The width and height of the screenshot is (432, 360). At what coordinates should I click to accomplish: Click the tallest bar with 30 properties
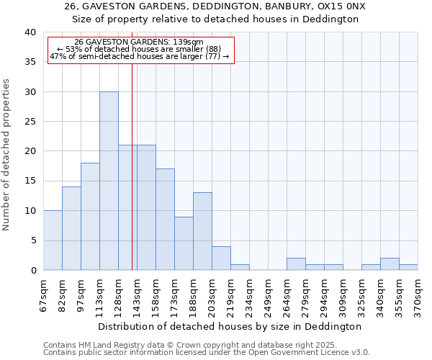109,181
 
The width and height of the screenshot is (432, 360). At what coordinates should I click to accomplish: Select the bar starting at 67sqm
53,240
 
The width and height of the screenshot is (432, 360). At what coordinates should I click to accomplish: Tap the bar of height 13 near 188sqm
202,231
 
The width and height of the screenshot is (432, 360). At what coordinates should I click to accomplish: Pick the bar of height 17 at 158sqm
165,220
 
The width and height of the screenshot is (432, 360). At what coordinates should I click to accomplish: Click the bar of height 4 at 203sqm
221,258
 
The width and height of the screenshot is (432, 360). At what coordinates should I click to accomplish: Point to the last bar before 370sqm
408,267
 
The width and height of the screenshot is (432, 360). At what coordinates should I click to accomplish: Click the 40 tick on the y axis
30,32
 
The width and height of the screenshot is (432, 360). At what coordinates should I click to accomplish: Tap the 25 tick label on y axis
30,122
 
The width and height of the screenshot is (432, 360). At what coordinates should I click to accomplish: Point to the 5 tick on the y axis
32,240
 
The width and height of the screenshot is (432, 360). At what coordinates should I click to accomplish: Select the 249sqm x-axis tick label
268,293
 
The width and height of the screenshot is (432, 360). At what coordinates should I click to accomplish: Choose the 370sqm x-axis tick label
418,293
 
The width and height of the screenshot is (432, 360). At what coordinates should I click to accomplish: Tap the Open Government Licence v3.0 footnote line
207,353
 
